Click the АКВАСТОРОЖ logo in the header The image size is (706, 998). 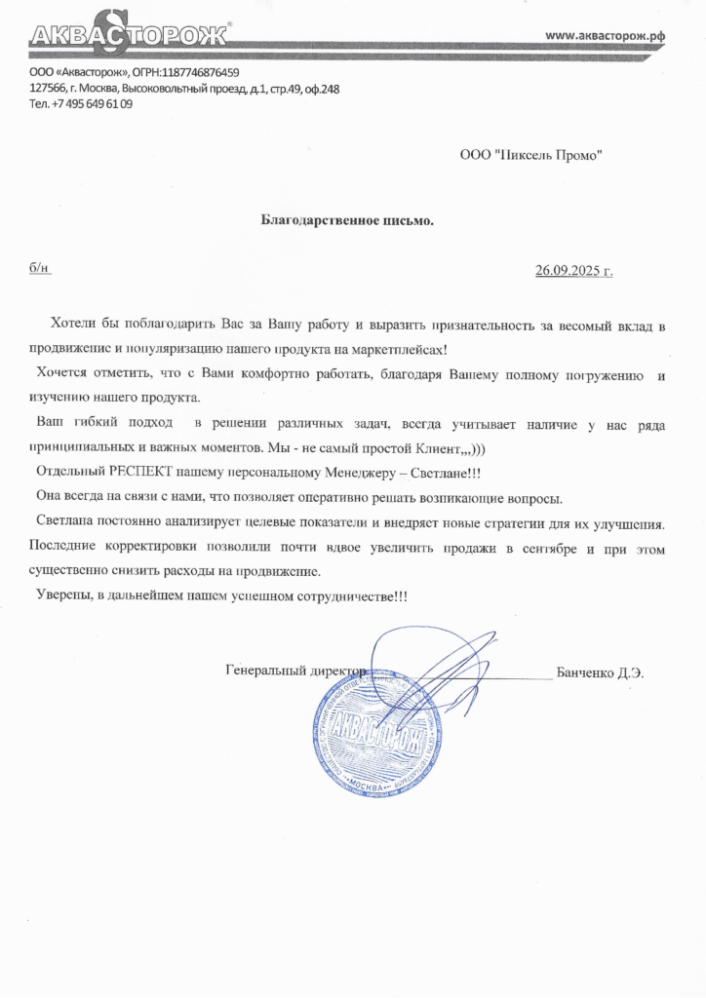tap(128, 37)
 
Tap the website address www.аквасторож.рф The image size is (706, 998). tap(605, 35)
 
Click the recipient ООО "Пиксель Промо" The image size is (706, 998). tap(530, 153)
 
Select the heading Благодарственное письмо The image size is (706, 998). tap(347, 220)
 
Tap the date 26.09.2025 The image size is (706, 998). tap(568, 270)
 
